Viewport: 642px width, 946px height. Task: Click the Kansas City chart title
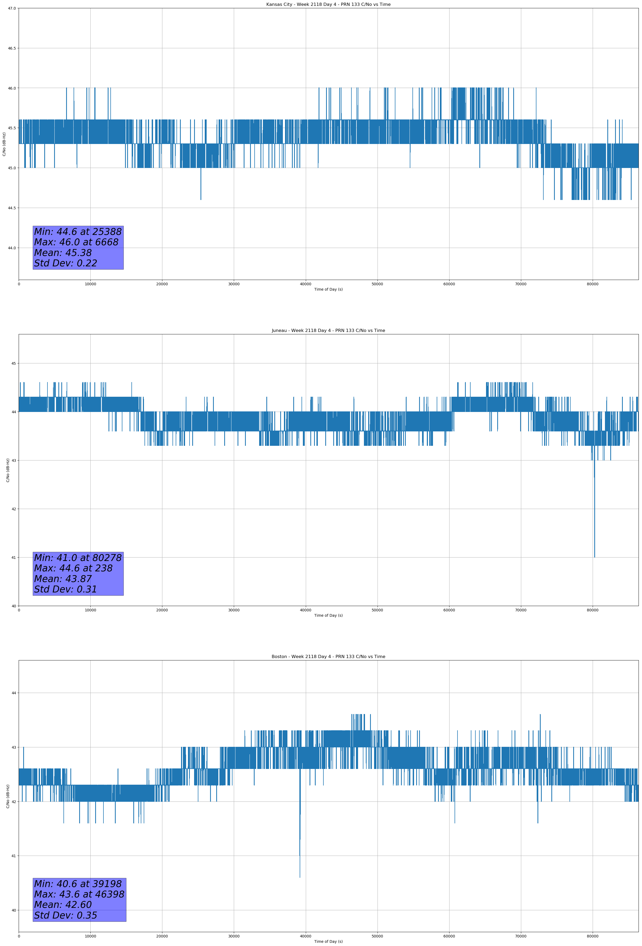click(328, 5)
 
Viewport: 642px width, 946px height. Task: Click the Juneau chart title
click(328, 331)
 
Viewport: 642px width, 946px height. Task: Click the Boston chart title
click(328, 657)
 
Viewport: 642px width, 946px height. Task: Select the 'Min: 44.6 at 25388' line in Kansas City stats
click(78, 232)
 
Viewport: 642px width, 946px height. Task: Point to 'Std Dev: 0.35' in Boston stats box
click(66, 915)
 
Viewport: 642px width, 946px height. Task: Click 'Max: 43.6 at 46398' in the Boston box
click(79, 894)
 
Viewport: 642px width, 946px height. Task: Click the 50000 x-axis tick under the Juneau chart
click(377, 610)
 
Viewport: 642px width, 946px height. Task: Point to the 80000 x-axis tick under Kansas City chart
click(592, 284)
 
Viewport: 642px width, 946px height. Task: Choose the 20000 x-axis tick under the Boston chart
click(162, 936)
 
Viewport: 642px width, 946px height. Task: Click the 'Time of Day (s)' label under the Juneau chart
click(328, 615)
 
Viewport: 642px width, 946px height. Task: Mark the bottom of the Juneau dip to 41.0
click(594, 556)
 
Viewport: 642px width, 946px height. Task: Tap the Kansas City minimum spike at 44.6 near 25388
click(201, 199)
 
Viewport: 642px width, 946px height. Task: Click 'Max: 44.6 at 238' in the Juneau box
click(73, 568)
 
